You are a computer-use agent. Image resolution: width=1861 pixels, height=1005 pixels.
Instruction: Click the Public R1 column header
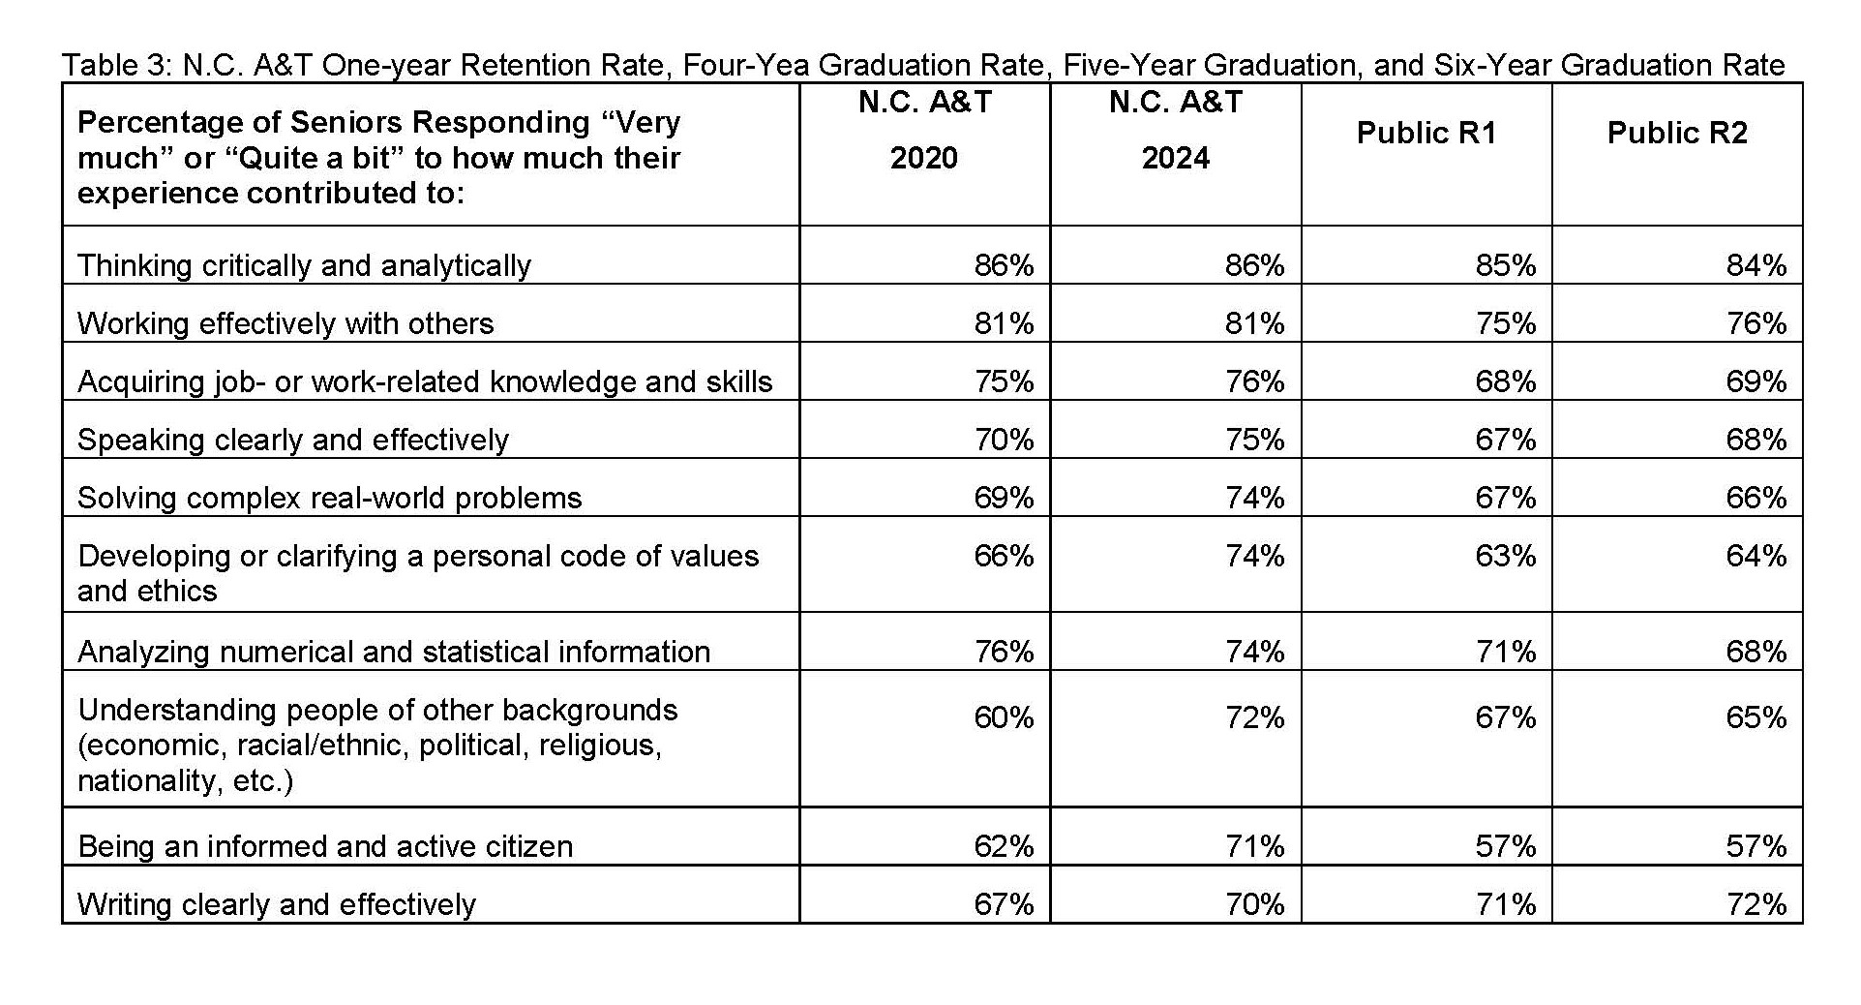(x=1426, y=133)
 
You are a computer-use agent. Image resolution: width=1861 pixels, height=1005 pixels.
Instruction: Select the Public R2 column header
(x=1677, y=133)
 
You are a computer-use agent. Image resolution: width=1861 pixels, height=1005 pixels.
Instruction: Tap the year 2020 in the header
(x=923, y=158)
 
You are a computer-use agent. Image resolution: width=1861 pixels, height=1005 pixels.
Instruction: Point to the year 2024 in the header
(x=1175, y=158)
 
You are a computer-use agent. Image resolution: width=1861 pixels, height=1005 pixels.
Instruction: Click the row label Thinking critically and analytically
(x=304, y=265)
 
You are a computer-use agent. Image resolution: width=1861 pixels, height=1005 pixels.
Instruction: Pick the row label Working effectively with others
(x=285, y=323)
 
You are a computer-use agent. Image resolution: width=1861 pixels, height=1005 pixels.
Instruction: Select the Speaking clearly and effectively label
(x=292, y=440)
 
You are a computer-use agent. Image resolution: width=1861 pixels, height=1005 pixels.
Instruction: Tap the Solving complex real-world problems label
(x=329, y=498)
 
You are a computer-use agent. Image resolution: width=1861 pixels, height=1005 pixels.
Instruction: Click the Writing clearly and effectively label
(x=277, y=904)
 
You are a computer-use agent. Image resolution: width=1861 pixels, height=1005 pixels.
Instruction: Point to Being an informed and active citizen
(x=325, y=846)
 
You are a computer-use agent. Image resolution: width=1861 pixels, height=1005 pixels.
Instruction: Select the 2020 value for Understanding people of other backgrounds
(x=1004, y=717)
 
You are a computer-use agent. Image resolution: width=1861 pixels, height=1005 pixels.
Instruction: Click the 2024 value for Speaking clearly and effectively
(x=1254, y=440)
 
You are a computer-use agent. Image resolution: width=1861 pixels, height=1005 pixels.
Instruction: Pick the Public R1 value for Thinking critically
(x=1505, y=265)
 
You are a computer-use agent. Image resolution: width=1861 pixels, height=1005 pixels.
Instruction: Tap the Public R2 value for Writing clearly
(x=1756, y=904)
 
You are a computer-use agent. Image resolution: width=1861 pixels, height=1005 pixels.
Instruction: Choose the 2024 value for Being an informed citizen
(x=1254, y=846)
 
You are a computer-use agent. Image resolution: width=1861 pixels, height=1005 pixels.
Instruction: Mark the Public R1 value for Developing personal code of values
(x=1505, y=556)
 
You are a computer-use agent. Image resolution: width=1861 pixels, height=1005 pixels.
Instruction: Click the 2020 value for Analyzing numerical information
(x=1004, y=652)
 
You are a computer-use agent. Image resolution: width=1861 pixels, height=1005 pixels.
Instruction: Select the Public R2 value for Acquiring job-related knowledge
(x=1756, y=381)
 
